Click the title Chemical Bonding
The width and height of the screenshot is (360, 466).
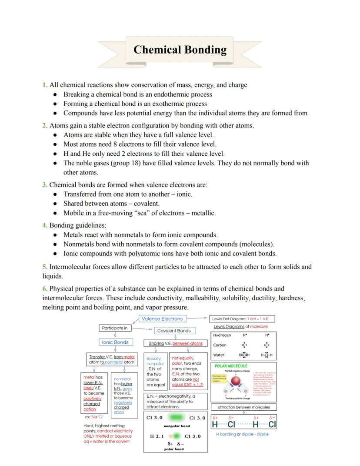click(x=180, y=50)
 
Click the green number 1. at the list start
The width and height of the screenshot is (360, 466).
click(x=45, y=85)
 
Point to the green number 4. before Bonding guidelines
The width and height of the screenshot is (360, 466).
click(x=45, y=225)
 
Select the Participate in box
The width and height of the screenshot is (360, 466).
click(x=114, y=328)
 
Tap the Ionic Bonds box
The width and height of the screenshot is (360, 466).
click(x=115, y=342)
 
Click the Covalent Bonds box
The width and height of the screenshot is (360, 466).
click(x=174, y=331)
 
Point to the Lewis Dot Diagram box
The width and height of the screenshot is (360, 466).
click(x=242, y=319)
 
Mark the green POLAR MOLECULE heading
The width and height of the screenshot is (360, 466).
click(x=231, y=366)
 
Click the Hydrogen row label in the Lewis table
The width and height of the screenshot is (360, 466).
click(x=222, y=335)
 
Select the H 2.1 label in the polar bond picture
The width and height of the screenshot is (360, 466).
click(x=157, y=436)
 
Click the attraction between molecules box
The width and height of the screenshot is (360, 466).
click(x=243, y=407)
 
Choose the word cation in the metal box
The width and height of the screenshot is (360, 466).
click(x=90, y=409)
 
